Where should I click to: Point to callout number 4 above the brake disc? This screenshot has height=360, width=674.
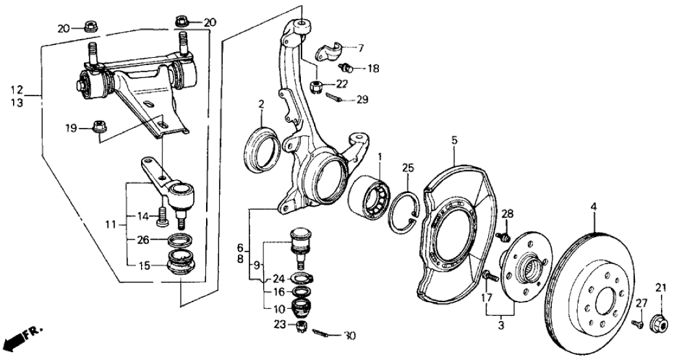[593, 207]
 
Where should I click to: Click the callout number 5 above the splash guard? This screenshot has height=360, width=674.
[454, 139]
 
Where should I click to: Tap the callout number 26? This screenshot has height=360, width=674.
[144, 239]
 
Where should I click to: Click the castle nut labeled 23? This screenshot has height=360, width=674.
[301, 326]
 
